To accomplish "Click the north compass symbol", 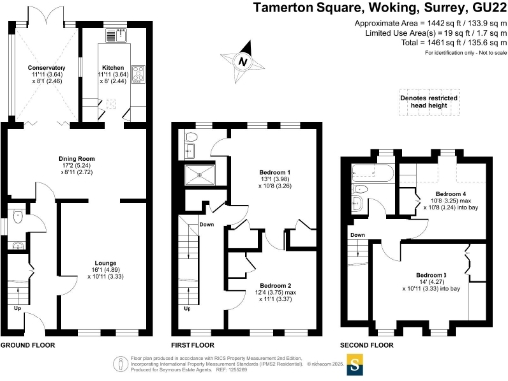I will [242, 63].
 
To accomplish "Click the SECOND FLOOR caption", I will [367, 347].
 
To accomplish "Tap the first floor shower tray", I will [197, 177].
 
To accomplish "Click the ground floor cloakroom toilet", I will [21, 215].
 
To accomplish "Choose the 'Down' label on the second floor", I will [356, 235].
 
